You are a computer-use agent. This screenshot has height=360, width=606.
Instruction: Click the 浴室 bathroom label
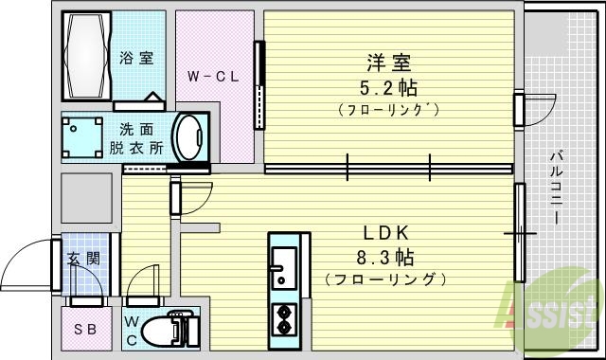click(136, 58)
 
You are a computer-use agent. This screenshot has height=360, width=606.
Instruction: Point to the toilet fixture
click(178, 328)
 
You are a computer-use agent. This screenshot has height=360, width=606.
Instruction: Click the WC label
click(134, 328)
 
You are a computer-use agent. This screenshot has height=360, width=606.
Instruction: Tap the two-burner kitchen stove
click(284, 319)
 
